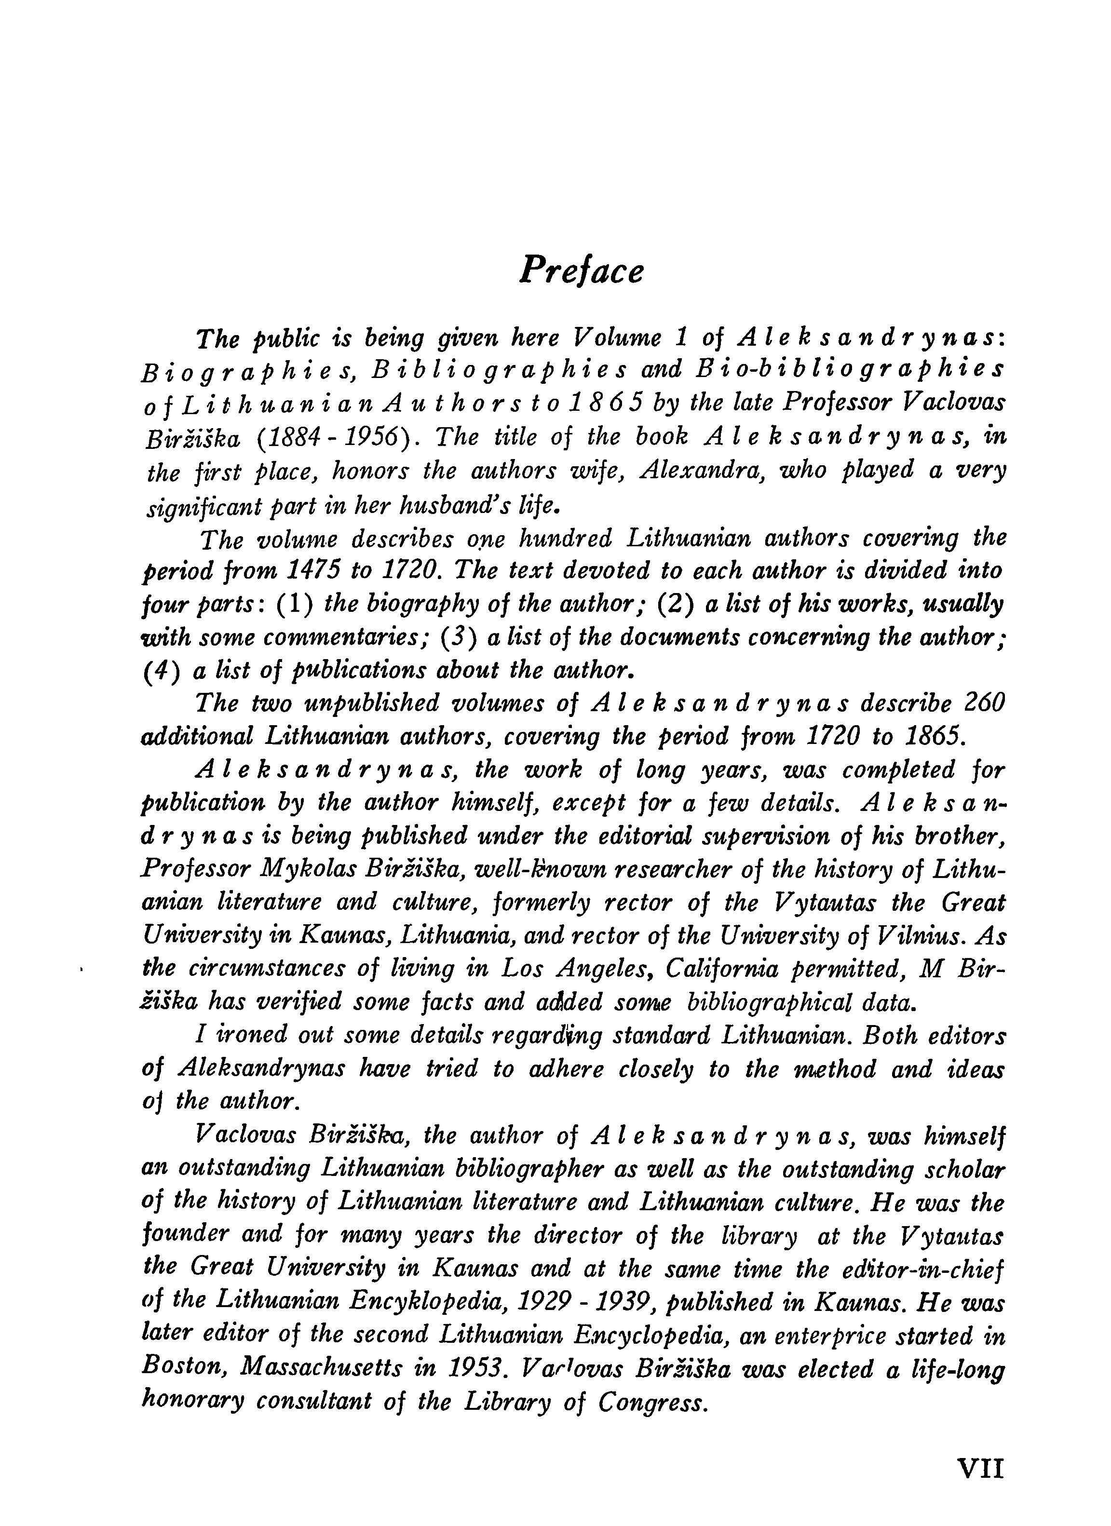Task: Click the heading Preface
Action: pos(582,271)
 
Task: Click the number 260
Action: pos(982,703)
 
